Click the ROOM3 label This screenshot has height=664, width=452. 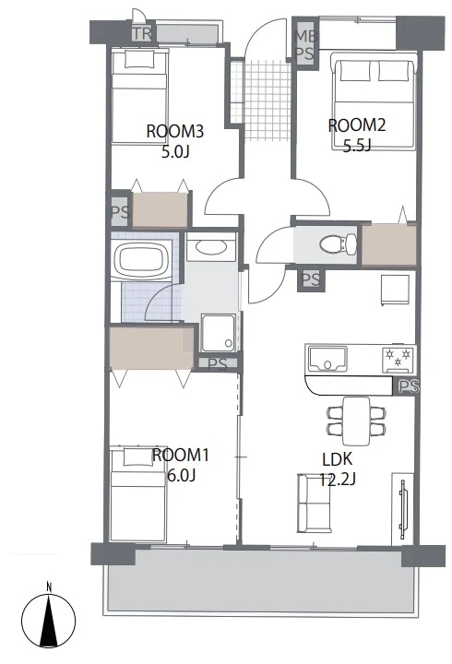click(x=175, y=131)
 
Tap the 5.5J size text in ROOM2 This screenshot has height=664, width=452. click(x=357, y=146)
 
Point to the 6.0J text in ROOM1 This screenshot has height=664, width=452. click(x=181, y=476)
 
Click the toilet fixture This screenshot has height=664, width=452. click(x=339, y=244)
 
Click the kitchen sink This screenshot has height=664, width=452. click(x=327, y=359)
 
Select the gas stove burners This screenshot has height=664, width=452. click(x=398, y=358)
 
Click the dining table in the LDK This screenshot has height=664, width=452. click(x=356, y=421)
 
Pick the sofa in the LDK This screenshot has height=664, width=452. click(x=314, y=504)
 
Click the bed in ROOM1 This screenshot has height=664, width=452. click(x=137, y=493)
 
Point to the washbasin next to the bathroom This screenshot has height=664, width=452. click(x=211, y=246)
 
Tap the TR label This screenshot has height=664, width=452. click(x=142, y=33)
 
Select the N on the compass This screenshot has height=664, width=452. click(x=49, y=587)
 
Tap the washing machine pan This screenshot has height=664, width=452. click(x=219, y=333)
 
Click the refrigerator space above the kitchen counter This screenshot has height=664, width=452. click(x=395, y=290)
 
